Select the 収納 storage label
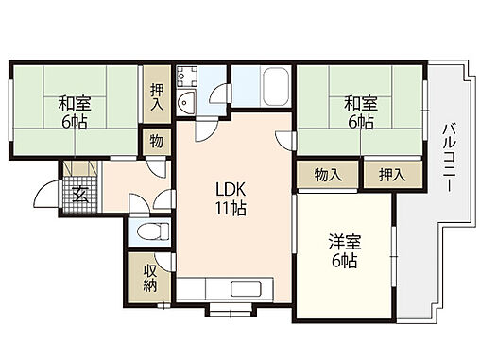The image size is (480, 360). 150,276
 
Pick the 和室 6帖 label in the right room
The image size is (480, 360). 359,111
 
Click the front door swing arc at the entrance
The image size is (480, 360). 43,197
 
